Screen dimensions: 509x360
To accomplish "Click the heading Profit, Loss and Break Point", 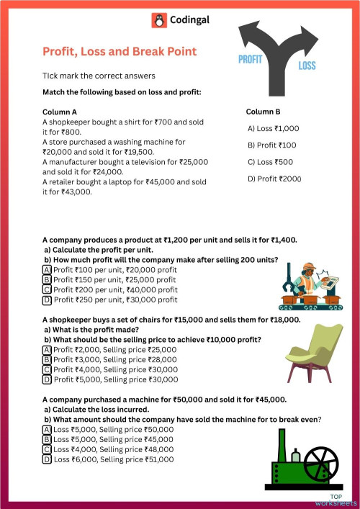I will [119, 52].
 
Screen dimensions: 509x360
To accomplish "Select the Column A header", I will [60, 112].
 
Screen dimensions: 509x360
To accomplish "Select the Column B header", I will [263, 112].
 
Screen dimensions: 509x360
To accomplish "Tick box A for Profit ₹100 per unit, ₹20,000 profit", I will [47, 269].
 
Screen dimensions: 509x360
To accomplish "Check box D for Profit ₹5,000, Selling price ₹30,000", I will [47, 379].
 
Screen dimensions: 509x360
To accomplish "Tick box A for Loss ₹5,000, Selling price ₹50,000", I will [47, 429].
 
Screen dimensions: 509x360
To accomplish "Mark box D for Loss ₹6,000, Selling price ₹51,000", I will [47, 459].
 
